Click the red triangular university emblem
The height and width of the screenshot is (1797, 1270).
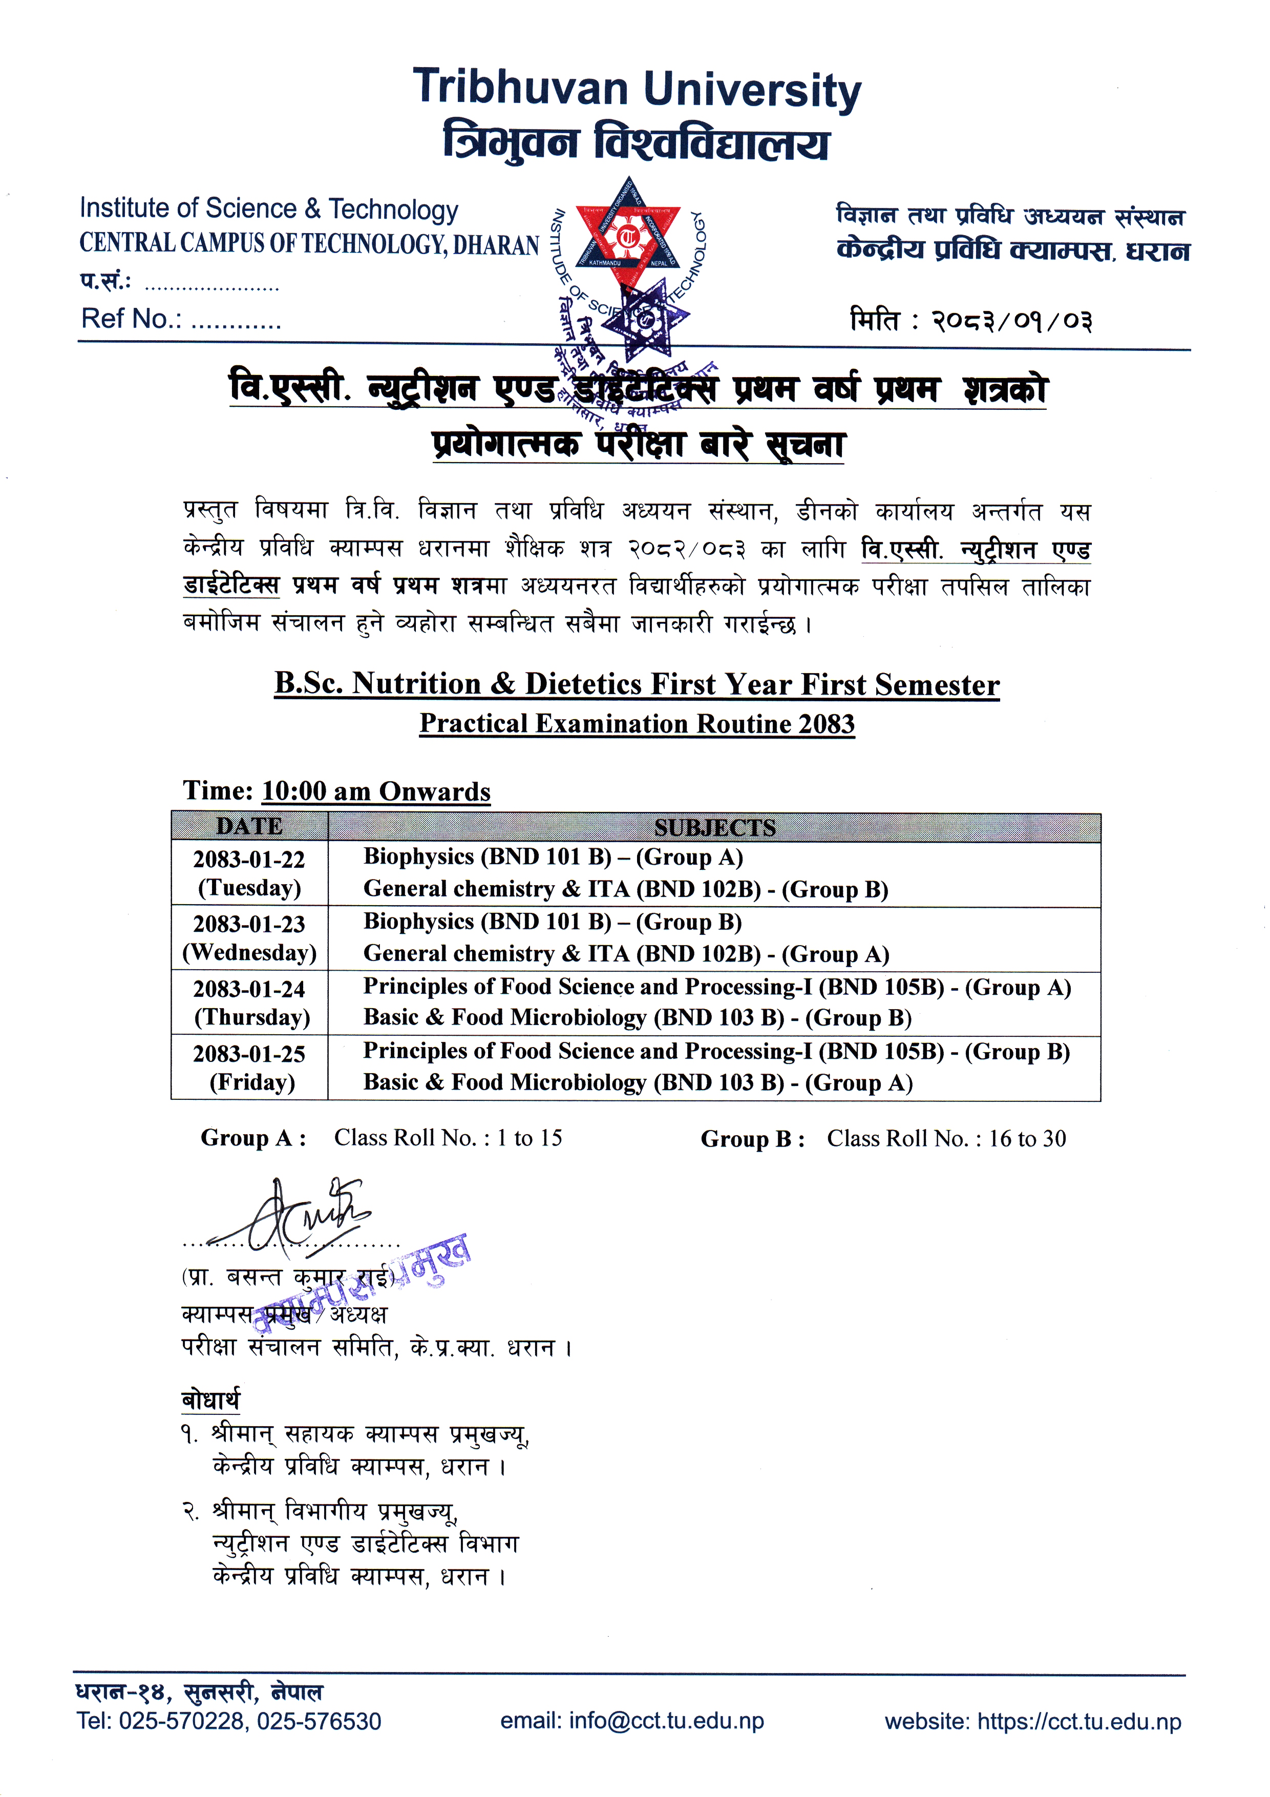[627, 236]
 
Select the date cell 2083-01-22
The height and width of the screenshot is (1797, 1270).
[249, 860]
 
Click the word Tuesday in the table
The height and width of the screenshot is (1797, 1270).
[249, 888]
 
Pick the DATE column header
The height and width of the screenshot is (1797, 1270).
[249, 826]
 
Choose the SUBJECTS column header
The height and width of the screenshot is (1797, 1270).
[714, 827]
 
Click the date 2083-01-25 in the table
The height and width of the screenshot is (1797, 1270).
[249, 1054]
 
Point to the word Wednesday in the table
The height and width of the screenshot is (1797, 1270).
[249, 952]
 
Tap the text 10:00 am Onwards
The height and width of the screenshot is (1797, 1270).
[375, 791]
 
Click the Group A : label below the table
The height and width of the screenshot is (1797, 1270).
[253, 1138]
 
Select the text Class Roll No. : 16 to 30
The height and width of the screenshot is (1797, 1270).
[946, 1139]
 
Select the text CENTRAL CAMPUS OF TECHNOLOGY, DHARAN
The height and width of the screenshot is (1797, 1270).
[309, 244]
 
